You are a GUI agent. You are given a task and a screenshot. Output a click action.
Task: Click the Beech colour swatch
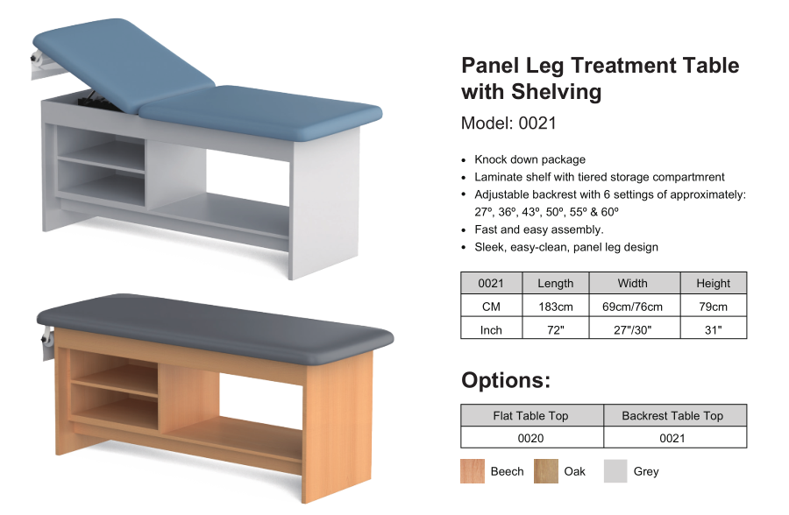[x=472, y=470]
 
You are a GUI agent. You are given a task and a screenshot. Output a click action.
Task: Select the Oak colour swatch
[x=546, y=470]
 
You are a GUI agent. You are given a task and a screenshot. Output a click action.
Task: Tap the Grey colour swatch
[x=615, y=470]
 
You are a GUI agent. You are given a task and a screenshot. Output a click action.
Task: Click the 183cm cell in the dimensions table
[x=556, y=307]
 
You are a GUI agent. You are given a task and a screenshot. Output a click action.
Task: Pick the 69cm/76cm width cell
[x=632, y=307]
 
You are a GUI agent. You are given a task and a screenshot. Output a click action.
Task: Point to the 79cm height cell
[x=713, y=307]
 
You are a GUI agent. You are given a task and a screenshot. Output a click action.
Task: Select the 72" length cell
[x=556, y=330]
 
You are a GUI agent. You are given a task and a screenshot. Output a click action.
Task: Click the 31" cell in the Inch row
[x=713, y=330]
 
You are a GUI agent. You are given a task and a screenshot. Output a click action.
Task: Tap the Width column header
[x=632, y=283]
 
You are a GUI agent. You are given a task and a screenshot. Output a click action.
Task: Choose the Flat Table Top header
[x=531, y=415]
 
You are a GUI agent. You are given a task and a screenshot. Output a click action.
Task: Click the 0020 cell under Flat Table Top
[x=531, y=438]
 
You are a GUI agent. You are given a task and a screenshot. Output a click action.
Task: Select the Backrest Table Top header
[x=672, y=415]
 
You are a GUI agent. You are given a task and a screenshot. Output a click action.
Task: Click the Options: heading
[x=506, y=380]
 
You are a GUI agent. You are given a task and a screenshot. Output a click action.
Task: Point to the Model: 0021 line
[x=508, y=123]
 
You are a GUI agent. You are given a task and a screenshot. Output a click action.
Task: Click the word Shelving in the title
[x=557, y=92]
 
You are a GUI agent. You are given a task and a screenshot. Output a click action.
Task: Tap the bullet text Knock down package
[x=530, y=159]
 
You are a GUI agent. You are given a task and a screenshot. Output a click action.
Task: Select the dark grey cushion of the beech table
[x=216, y=327]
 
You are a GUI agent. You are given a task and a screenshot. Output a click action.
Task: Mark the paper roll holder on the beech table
[x=46, y=342]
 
